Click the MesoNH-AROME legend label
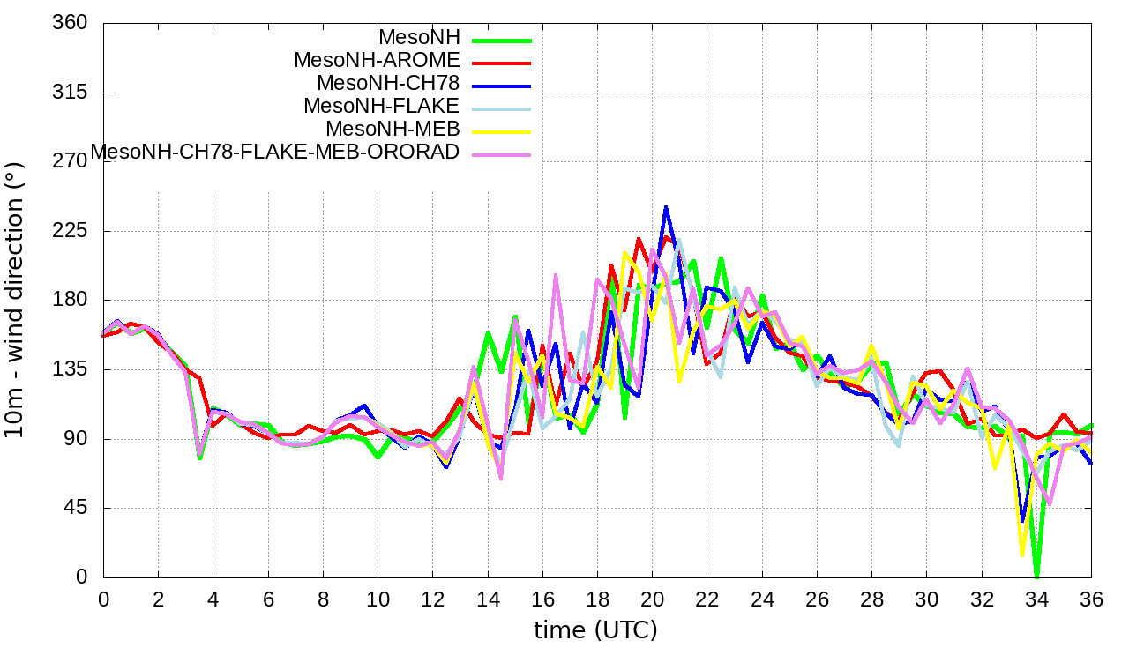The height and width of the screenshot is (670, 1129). click(377, 61)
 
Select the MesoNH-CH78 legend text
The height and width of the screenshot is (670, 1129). click(388, 84)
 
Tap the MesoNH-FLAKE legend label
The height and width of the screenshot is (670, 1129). click(381, 107)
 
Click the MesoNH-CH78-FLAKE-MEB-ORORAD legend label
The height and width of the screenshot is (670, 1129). click(275, 152)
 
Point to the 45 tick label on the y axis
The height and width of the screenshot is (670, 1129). click(76, 509)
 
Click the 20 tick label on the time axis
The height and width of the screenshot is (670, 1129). click(652, 599)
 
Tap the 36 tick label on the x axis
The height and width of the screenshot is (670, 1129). click(1091, 599)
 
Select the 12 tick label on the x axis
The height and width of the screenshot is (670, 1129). click(432, 599)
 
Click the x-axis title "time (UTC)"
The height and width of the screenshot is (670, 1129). click(595, 630)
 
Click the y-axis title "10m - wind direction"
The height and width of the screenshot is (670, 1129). click(16, 300)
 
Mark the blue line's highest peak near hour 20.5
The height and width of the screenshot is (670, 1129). click(666, 208)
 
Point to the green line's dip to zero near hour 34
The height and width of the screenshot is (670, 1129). click(1037, 577)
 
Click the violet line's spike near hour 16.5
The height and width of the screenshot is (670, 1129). click(556, 276)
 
